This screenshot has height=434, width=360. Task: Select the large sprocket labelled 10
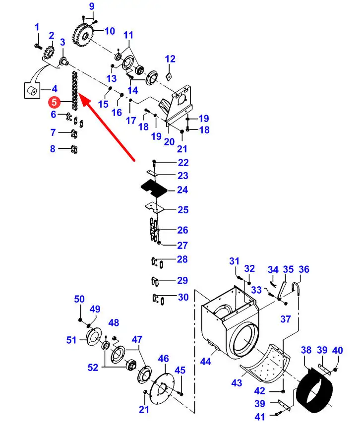[83, 33]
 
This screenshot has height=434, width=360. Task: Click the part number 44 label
[205, 362]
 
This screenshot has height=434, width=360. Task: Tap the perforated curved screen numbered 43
[266, 365]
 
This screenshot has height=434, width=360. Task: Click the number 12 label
[170, 59]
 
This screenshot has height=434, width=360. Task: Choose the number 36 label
[303, 269]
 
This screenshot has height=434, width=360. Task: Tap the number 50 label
[79, 299]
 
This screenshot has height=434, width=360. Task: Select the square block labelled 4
[32, 91]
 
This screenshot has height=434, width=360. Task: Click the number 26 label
[182, 230]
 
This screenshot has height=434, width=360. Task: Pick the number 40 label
[337, 350]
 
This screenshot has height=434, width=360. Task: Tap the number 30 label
[182, 297]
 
